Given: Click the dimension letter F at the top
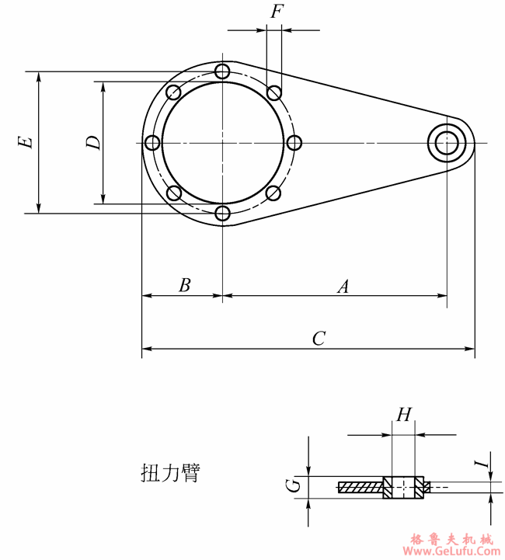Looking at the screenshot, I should tap(276, 12).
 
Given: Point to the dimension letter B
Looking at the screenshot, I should tap(184, 285).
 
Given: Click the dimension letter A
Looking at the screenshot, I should tap(343, 287).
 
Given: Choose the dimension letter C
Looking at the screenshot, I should tap(319, 339).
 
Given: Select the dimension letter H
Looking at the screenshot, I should tap(403, 415).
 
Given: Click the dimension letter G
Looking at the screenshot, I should tap(293, 486).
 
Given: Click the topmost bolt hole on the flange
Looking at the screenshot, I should tap(223, 72).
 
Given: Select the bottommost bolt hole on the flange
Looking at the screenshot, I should tap(223, 213).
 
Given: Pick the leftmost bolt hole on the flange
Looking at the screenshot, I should tap(152, 143).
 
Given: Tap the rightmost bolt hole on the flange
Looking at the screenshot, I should tap(294, 143).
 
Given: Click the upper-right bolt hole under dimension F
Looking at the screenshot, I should tap(273, 93).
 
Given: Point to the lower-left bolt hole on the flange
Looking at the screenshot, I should tap(173, 193).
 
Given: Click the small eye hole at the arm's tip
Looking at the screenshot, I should tap(448, 143).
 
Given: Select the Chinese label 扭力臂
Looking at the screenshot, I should tap(169, 472).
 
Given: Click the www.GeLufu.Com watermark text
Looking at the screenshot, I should tap(451, 551).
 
